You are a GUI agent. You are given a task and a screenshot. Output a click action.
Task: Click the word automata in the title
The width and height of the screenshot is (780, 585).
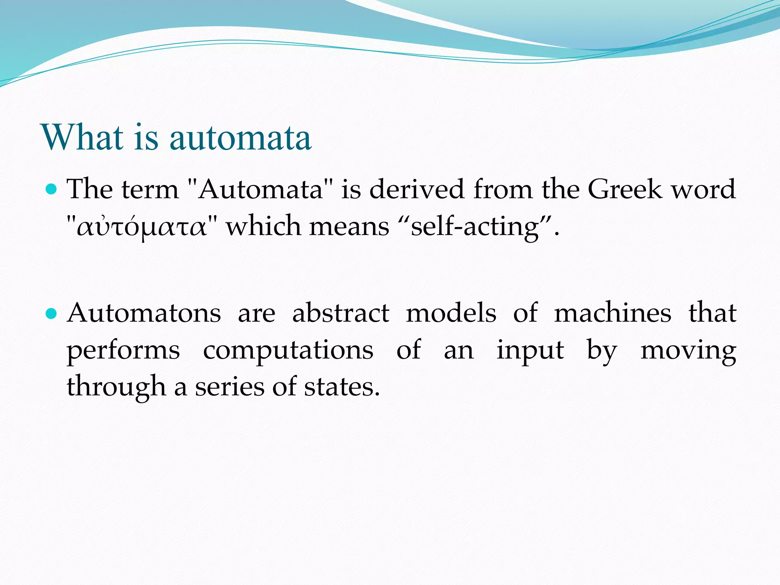(x=240, y=138)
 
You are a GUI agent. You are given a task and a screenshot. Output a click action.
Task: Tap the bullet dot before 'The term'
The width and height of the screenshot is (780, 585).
(x=51, y=189)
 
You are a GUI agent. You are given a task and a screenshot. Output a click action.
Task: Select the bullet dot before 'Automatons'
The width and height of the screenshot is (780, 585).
(x=51, y=313)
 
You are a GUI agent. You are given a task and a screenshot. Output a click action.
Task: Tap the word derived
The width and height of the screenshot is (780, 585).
(x=417, y=189)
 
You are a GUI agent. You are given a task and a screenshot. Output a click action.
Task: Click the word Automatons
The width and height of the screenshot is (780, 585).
(x=144, y=313)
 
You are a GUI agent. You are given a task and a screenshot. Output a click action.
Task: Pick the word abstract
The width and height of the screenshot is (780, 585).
(x=341, y=313)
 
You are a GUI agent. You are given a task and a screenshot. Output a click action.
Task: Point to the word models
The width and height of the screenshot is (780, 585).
(x=451, y=313)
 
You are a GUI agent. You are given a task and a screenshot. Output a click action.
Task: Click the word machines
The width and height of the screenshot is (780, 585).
(x=612, y=313)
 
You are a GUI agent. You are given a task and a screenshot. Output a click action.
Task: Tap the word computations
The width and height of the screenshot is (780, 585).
(x=288, y=350)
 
